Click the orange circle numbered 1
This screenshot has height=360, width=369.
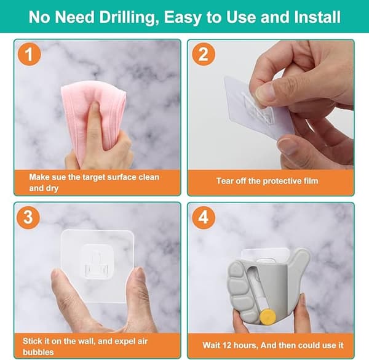coord(29,54)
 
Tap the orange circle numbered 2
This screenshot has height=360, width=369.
coord(204,54)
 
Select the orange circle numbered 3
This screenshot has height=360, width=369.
coord(28,217)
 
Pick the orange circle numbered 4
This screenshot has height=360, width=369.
coord(204,217)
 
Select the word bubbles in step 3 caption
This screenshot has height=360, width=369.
coord(38,352)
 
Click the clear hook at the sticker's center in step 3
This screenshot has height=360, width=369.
coord(97,262)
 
